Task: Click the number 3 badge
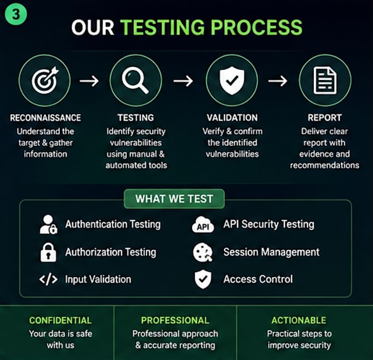[x=16, y=14]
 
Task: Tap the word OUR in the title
[x=93, y=27]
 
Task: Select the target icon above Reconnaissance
[x=45, y=80]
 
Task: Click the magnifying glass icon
[x=135, y=80]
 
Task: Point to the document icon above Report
[x=325, y=81]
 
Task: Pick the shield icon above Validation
[x=232, y=81]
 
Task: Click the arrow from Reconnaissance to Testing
[x=89, y=81]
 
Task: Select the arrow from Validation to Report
[x=278, y=81]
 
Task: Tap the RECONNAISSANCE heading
[x=46, y=118]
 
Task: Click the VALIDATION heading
[x=232, y=118]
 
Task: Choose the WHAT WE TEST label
[x=174, y=199]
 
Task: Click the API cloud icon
[x=203, y=224]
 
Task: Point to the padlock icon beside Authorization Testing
[x=48, y=252]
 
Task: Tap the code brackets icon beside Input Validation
[x=48, y=279]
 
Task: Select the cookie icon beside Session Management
[x=202, y=252]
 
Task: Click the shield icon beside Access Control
[x=203, y=279]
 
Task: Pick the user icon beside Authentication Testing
[x=48, y=224]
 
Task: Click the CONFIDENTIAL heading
[x=60, y=320]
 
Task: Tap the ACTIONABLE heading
[x=299, y=320]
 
